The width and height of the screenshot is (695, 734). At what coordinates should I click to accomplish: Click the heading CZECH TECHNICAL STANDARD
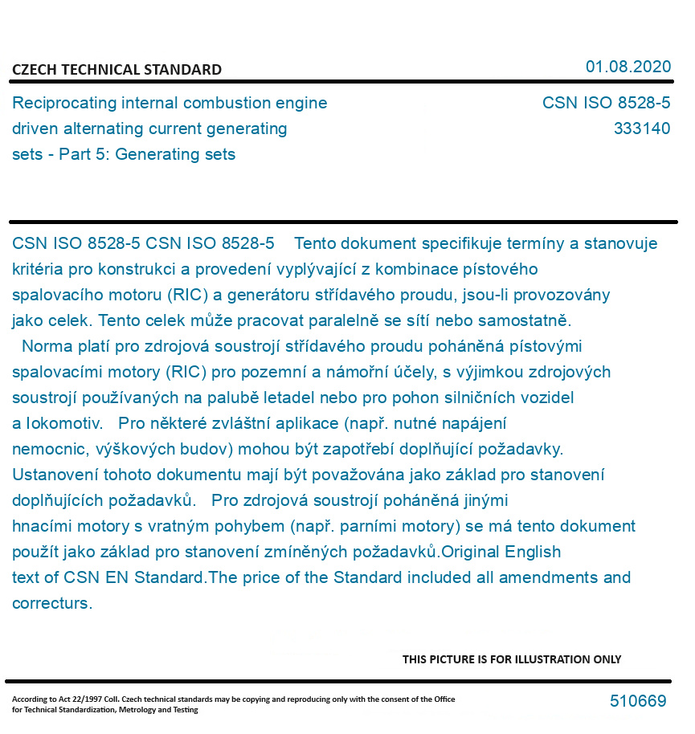[117, 70]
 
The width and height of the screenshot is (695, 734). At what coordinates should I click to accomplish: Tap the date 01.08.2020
[628, 67]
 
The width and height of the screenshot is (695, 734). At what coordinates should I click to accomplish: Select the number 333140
[641, 128]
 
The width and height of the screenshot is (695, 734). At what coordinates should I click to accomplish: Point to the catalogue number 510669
[638, 701]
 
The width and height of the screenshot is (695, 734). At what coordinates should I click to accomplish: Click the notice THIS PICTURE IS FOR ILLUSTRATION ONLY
[512, 659]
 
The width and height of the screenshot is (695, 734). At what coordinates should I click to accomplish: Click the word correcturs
[51, 603]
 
